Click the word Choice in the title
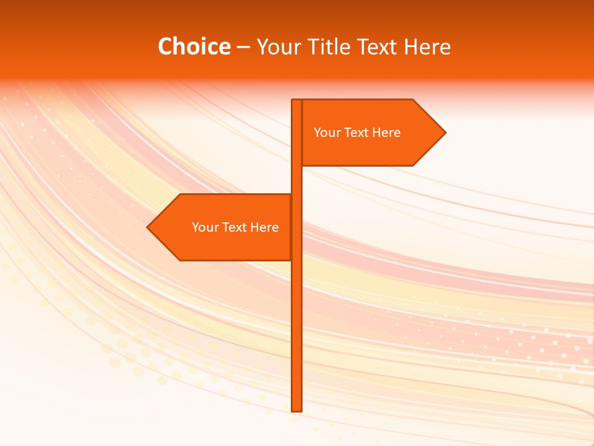pos(194,46)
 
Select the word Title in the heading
pos(328,46)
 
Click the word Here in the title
pos(428,46)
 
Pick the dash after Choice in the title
pos(243,48)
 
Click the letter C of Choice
pos(165,46)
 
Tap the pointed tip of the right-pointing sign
pos(444,133)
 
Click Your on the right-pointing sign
pos(326,133)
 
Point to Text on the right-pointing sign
pos(357,133)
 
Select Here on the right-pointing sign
pos(387,133)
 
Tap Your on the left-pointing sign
pos(204,227)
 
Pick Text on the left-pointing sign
pos(235,227)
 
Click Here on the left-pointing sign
pos(265,227)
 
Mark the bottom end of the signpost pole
pos(297,409)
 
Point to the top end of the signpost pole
pos(297,101)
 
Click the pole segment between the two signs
pos(297,180)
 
